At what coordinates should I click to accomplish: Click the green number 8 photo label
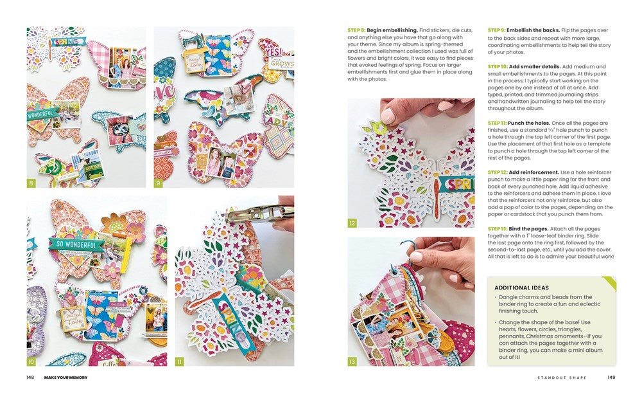coord(31,183)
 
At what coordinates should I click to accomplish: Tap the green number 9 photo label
coord(158,183)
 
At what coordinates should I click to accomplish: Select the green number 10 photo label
coord(31,361)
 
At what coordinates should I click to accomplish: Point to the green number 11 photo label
coord(179,361)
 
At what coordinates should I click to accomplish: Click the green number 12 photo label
coord(352,223)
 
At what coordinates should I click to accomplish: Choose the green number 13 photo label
coord(352,361)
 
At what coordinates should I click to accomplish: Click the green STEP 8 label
coord(356,30)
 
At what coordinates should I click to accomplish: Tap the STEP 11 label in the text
coord(497,123)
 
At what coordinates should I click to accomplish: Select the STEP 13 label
coord(497,229)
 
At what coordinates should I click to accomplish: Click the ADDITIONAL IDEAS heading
coord(521,288)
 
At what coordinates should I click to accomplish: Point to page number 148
coord(30,378)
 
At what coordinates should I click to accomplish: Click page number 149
coord(611,378)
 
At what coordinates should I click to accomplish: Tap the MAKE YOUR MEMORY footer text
coord(66,378)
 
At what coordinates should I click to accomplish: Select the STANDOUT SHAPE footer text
coord(562,378)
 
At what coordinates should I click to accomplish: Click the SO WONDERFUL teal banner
coord(76,245)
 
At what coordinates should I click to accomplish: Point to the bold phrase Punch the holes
coord(528,123)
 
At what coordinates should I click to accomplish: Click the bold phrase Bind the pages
coord(528,229)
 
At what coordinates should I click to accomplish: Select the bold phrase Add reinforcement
coord(534,172)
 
